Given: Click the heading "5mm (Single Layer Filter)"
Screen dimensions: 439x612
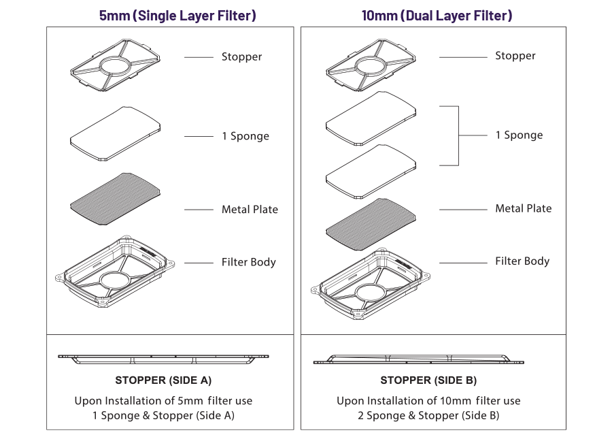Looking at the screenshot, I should [x=177, y=15].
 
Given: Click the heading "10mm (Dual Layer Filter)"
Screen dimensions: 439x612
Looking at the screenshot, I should [x=437, y=15].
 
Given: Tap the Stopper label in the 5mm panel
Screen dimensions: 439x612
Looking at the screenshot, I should [x=241, y=57].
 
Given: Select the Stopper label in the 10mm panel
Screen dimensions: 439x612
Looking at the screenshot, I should [x=515, y=56].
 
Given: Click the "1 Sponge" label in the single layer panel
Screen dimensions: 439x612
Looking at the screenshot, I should [x=245, y=136].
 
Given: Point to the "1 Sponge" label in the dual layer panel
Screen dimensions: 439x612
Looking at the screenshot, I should [x=519, y=135].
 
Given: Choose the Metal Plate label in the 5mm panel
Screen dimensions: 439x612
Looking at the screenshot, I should [x=250, y=210].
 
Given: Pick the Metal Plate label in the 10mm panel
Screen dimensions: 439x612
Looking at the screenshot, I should [x=523, y=208].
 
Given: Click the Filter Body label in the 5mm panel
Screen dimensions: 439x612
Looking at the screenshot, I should [x=248, y=262].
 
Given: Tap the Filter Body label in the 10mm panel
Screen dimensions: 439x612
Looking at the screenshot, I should [x=522, y=261].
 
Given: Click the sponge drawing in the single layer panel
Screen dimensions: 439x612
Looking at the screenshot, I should [x=116, y=133].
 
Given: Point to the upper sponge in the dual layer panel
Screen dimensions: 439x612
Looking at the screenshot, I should [x=371, y=118].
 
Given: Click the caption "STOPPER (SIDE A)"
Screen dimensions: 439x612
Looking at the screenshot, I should [x=163, y=380].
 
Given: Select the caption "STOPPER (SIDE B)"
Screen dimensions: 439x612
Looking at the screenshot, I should [x=428, y=380].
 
